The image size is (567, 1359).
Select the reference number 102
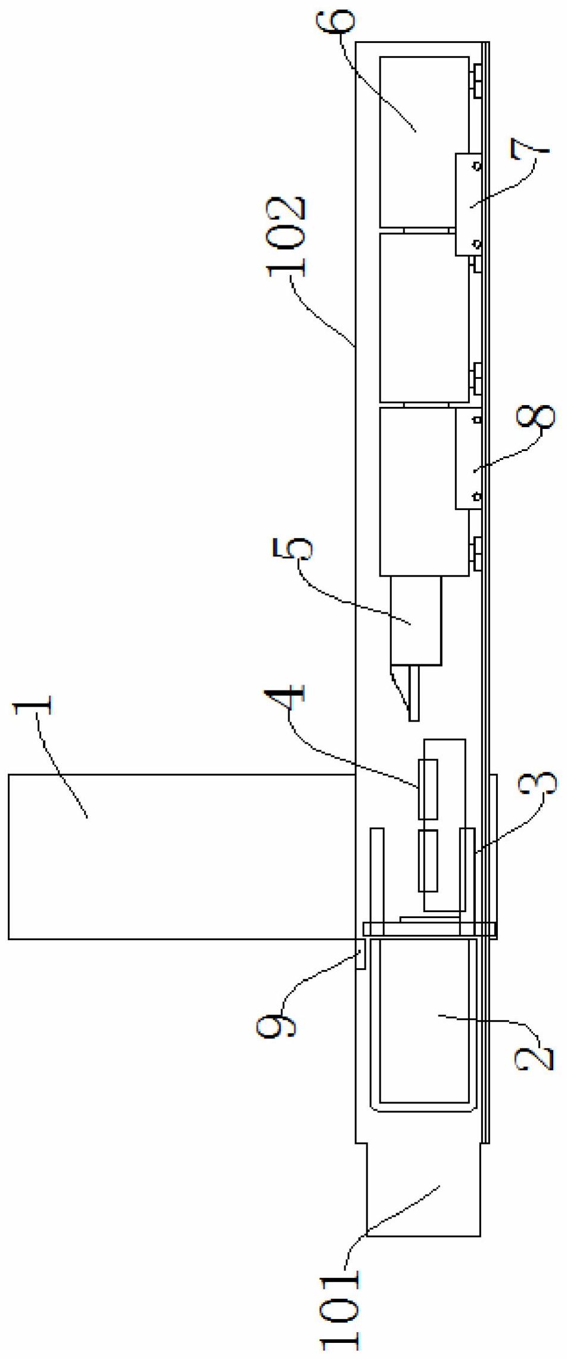click(287, 235)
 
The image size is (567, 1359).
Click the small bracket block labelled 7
click(468, 204)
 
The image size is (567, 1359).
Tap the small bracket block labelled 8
click(468, 458)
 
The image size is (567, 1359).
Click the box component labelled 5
click(416, 620)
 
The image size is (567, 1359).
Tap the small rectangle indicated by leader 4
click(428, 788)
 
